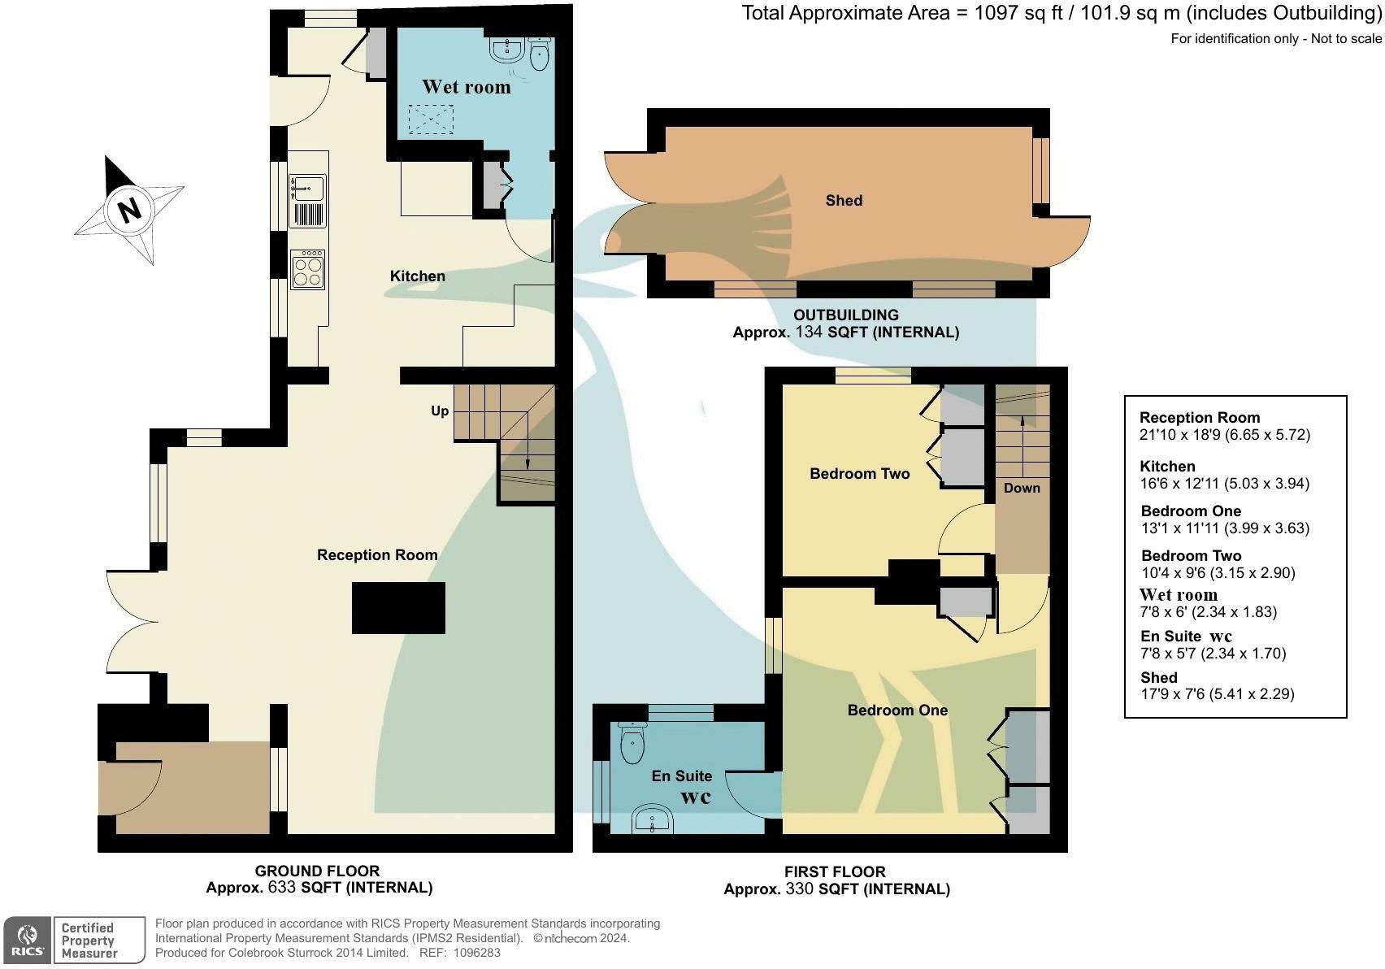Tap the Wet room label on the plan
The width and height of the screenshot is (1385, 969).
pos(466,87)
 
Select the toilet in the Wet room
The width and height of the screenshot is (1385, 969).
pos(539,54)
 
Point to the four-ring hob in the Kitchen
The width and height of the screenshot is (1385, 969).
pos(308,269)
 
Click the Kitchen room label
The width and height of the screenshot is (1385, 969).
pos(417,276)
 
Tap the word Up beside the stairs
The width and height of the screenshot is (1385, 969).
pos(440,411)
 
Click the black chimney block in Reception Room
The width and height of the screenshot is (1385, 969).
pos(398,607)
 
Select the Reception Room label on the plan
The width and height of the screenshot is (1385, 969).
pos(377,555)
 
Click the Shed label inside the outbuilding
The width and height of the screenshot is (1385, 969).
pos(844,201)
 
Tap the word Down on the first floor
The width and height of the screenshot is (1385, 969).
pos(1022,488)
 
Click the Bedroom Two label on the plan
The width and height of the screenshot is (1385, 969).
pos(860,474)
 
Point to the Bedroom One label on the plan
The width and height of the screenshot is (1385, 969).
pos(897,710)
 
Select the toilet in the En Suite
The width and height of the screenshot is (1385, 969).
pos(632,741)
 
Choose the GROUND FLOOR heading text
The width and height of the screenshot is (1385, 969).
pos(317,871)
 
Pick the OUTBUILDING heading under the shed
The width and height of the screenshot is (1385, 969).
pos(846,315)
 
